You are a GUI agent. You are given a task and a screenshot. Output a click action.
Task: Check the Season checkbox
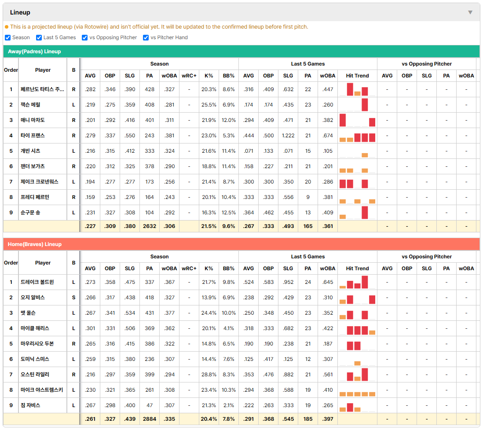coord(8,37)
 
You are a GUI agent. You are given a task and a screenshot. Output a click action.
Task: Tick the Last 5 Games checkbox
coord(39,37)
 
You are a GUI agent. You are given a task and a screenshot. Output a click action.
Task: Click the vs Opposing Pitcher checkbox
coord(85,37)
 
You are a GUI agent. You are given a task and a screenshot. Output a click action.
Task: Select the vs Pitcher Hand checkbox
coord(146,37)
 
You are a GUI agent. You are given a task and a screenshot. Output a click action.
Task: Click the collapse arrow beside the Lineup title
coord(470,12)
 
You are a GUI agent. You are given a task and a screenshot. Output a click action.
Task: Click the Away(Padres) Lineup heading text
coord(34,51)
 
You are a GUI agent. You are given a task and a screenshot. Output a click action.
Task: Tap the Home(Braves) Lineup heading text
coord(34,244)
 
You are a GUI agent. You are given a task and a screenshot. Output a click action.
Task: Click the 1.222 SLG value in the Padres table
coord(288,136)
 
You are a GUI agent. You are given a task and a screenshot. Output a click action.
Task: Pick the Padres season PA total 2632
coord(150,226)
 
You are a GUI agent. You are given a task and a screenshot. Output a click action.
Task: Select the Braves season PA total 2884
coord(150,419)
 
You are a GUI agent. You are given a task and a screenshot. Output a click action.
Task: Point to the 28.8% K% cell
coord(209,375)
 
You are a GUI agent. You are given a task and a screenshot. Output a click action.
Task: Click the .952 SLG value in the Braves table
coord(288,282)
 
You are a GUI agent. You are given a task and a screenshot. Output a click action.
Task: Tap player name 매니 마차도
coord(33,120)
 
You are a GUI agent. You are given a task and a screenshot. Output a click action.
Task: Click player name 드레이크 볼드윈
coord(37,282)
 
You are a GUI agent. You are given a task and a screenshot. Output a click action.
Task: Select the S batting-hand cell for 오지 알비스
coord(73,298)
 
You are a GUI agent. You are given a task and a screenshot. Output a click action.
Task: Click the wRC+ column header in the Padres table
coord(189,76)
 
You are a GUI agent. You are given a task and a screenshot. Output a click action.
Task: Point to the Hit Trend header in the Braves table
coord(357,268)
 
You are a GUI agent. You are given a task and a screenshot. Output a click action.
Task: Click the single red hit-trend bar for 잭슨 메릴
coord(365,105)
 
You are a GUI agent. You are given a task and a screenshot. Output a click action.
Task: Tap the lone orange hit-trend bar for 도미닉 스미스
coord(357,363)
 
